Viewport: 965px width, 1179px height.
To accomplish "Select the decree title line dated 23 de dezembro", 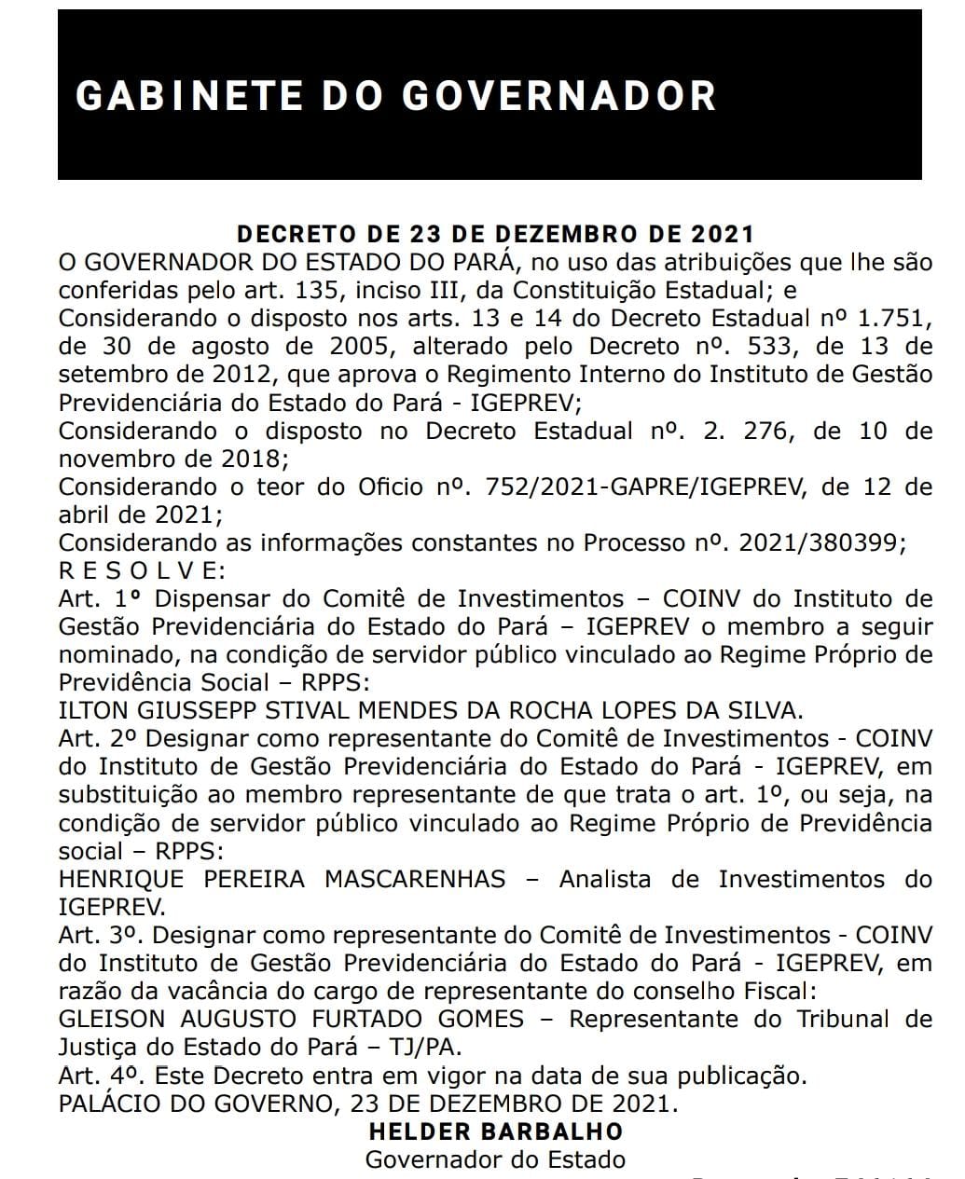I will [x=494, y=233].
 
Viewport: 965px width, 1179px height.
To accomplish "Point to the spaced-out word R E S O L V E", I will [x=142, y=570].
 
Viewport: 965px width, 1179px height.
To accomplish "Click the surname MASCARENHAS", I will [x=415, y=879].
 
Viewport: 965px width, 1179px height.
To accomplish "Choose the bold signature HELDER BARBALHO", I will [x=496, y=1131].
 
